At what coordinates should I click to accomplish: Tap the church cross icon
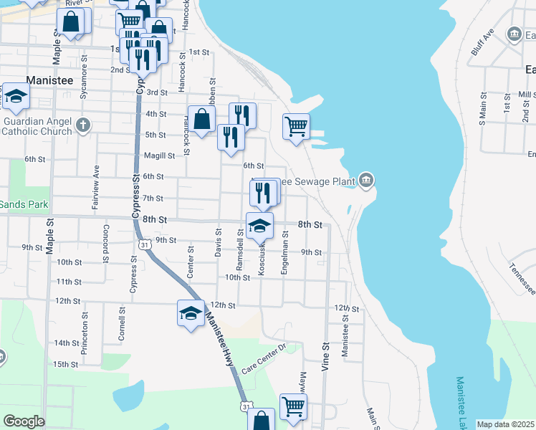pyautogui.click(x=83, y=126)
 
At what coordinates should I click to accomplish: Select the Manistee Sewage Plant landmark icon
pyautogui.click(x=366, y=179)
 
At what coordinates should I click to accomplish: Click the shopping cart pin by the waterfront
pyautogui.click(x=296, y=128)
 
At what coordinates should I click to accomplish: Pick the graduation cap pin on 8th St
pyautogui.click(x=259, y=226)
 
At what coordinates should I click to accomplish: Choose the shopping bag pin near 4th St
pyautogui.click(x=202, y=119)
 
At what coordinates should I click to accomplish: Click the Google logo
pyautogui.click(x=24, y=421)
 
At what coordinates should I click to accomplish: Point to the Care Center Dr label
pyautogui.click(x=263, y=359)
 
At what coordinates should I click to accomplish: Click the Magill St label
pyautogui.click(x=159, y=156)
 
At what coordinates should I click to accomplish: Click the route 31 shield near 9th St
pyautogui.click(x=145, y=245)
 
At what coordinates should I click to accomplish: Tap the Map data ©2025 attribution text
pyautogui.click(x=506, y=424)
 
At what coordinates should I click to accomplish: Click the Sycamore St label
pyautogui.click(x=84, y=80)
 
